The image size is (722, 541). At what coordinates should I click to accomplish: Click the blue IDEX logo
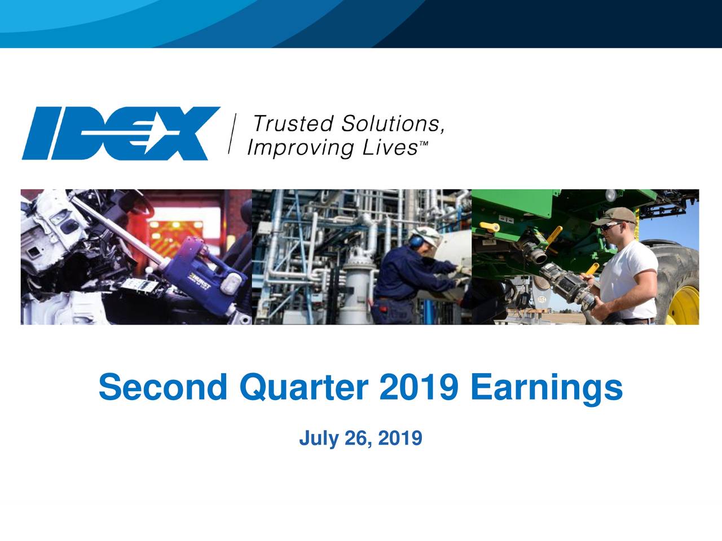click(x=121, y=134)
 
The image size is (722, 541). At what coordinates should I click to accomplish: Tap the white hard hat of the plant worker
click(x=426, y=233)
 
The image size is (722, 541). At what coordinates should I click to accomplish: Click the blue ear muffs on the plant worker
click(x=416, y=241)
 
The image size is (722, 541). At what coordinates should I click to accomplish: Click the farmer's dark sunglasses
click(x=610, y=225)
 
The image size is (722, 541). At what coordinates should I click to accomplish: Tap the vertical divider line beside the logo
click(x=234, y=133)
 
